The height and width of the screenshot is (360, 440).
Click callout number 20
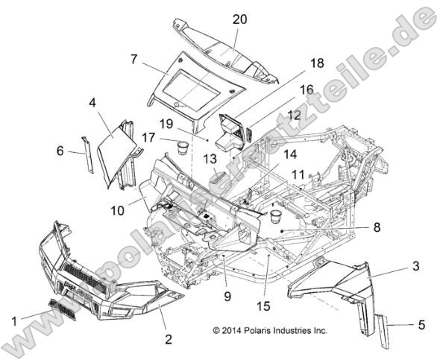point(239,19)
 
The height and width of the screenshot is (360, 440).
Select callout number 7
point(133,58)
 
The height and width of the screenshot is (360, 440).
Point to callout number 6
point(60,151)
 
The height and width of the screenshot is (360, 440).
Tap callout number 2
point(169,339)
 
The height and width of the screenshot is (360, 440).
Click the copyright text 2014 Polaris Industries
point(270,329)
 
